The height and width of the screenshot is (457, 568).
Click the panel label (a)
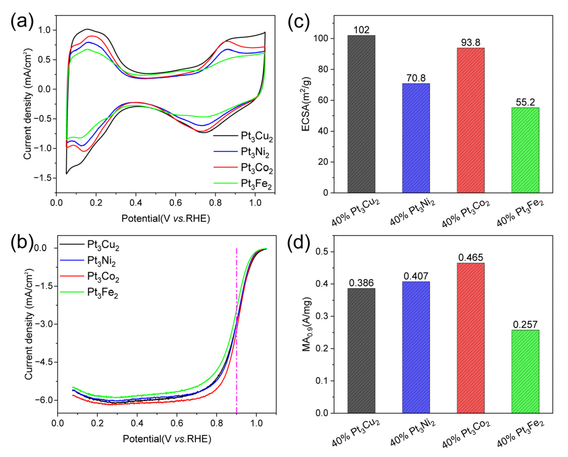coord(22,21)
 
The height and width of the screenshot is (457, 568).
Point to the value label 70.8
coord(416,78)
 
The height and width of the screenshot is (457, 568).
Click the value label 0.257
coord(525,325)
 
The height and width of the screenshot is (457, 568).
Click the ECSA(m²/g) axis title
coord(306,104)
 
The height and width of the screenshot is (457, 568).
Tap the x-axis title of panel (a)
coord(165,218)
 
